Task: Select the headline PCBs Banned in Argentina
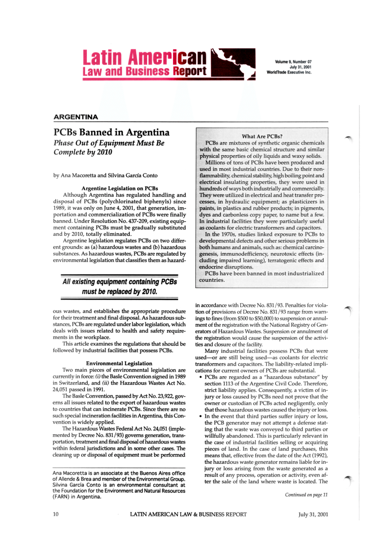point(112,133)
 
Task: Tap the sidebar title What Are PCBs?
point(262,136)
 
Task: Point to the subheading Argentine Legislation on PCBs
point(120,188)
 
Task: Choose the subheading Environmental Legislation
point(119,363)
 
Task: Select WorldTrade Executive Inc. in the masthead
point(289,72)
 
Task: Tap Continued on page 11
point(306,495)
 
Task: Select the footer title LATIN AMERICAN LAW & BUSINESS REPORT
point(189,515)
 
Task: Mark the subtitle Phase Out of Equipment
point(109,143)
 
